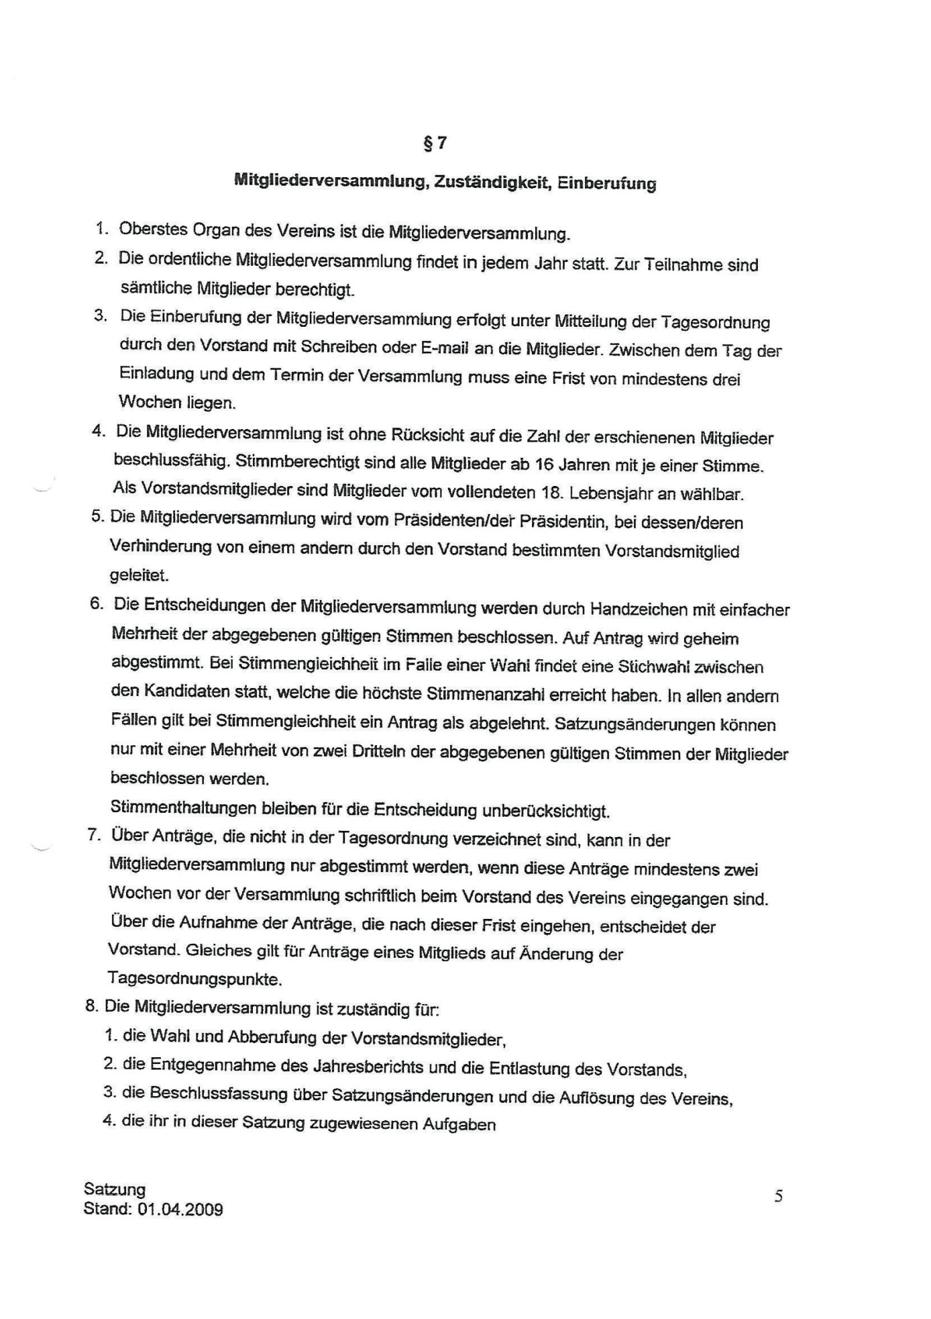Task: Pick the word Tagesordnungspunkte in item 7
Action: pyautogui.click(x=195, y=979)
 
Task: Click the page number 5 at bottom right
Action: pyautogui.click(x=779, y=1197)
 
